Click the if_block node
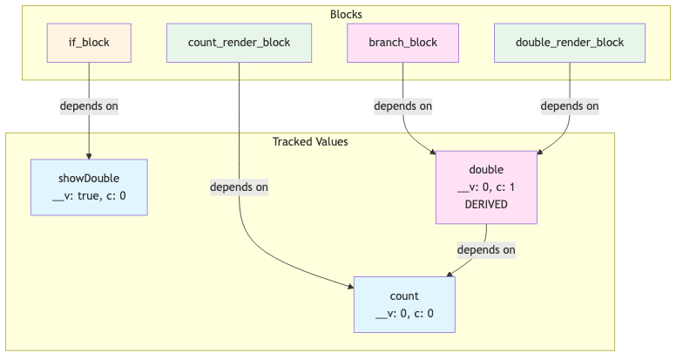pos(88,41)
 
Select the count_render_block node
pos(239,41)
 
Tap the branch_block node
pos(402,41)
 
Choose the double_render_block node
pos(569,41)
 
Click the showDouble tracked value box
pos(88,187)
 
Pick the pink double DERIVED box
pos(486,187)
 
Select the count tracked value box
pos(404,305)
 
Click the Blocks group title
pos(346,15)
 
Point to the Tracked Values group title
pos(310,141)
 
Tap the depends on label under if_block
pos(88,106)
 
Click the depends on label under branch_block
pos(402,106)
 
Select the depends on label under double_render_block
pos(569,106)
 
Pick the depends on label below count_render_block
pos(239,187)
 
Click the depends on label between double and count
pos(486,249)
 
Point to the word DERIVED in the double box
pos(486,203)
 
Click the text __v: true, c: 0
pos(88,195)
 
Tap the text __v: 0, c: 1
pos(486,187)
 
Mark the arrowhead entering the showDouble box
pos(88,155)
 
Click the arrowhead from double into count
pos(450,274)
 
